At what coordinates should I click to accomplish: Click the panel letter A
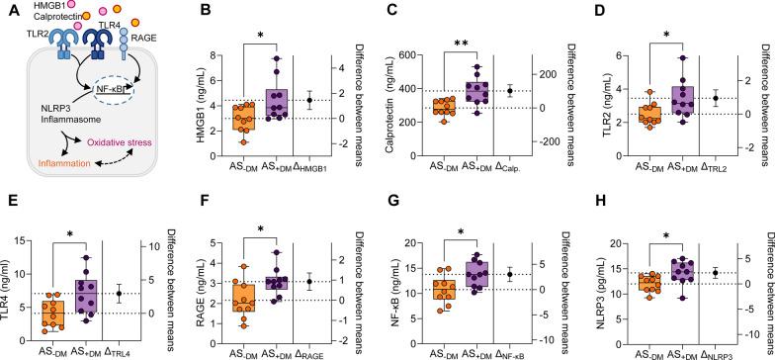pyautogui.click(x=8, y=10)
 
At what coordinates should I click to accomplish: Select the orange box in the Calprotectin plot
pyautogui.click(x=469, y=106)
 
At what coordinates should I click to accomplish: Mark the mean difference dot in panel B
pyautogui.click(x=336, y=100)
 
